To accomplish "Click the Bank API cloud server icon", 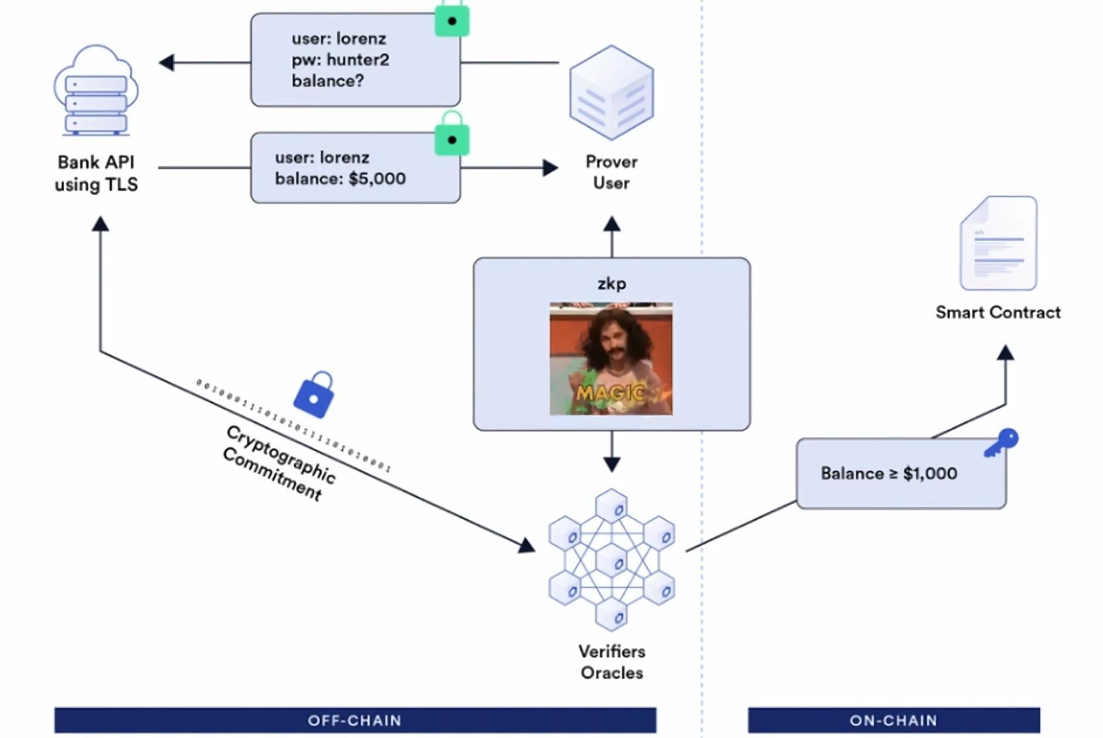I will point(96,91).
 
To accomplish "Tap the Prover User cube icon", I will point(611,93).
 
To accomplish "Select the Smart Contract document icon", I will point(998,243).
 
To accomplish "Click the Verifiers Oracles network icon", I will point(611,561).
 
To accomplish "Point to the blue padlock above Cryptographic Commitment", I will point(314,395).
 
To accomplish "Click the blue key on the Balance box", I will point(1002,442).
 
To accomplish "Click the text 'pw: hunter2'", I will point(340,60).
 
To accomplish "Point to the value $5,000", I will point(377,179).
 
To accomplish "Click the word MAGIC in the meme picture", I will point(610,392).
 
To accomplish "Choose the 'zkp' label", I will point(611,283).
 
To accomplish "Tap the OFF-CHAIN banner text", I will point(355,720).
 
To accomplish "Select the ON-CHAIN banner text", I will point(893,720).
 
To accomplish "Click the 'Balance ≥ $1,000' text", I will point(888,473).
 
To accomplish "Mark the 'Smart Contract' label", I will point(998,312).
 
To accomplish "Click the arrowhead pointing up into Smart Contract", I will point(1006,352).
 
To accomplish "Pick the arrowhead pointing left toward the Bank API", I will point(167,62).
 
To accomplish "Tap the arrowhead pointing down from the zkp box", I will point(612,464).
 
